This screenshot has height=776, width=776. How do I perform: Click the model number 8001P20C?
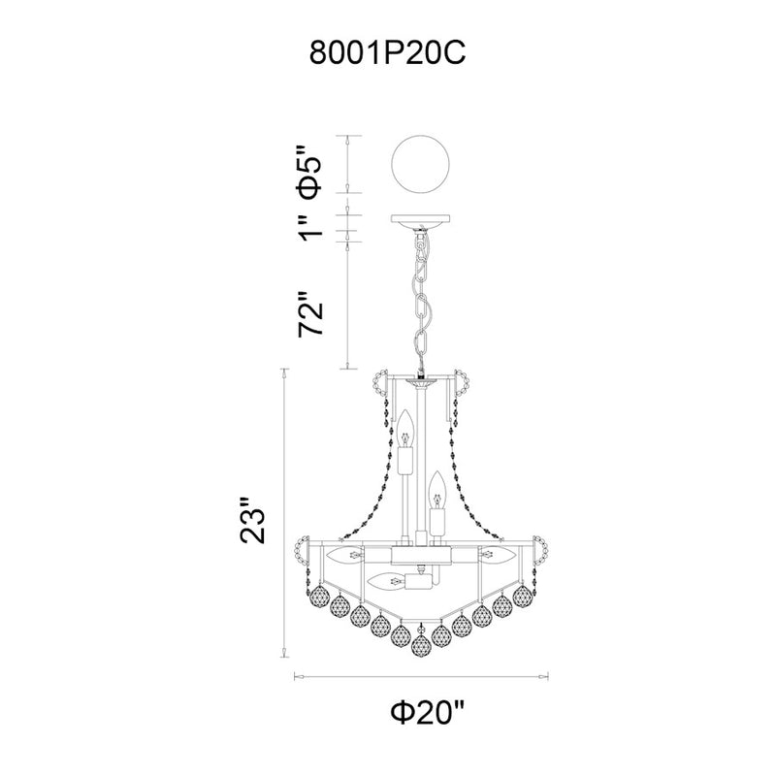(387, 53)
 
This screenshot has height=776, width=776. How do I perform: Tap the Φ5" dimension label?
(311, 172)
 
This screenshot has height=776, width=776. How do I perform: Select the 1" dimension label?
(311, 227)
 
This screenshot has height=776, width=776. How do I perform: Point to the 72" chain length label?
(311, 313)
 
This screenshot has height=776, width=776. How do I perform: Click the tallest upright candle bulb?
(406, 439)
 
